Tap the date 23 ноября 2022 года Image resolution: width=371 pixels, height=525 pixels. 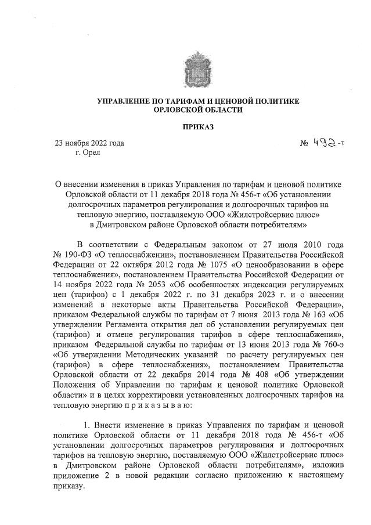coord(89,143)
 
